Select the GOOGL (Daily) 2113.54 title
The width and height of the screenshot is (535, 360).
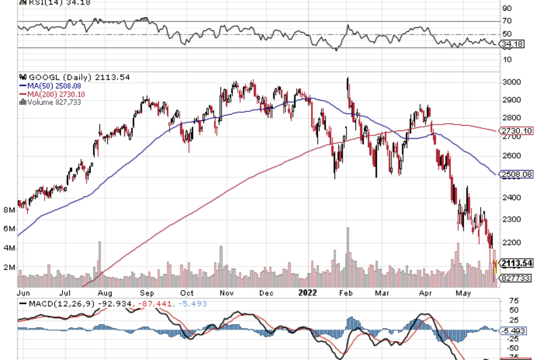[x=66, y=77]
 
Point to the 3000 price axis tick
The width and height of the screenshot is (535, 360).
[x=511, y=82]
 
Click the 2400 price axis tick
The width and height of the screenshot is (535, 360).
[x=511, y=198]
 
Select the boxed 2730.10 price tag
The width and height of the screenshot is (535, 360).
[x=516, y=131]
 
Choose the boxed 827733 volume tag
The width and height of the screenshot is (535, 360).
[x=515, y=277]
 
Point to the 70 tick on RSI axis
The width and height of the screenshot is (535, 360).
[x=506, y=21]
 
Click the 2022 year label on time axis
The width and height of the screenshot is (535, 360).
[x=308, y=291]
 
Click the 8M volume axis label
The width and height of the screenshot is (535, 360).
[x=9, y=210]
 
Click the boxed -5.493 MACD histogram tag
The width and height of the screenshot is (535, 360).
[x=516, y=330]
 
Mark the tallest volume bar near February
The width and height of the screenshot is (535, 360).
[x=347, y=257]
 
